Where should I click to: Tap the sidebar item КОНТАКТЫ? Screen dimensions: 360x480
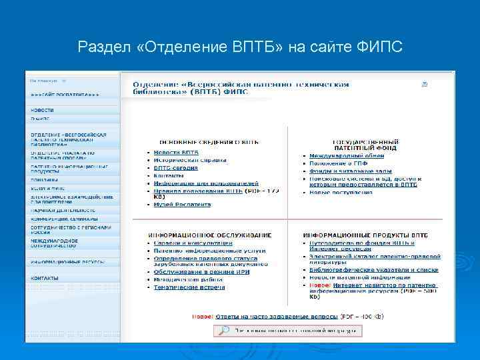[x=44, y=278]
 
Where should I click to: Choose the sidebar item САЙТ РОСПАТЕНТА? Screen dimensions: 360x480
[x=65, y=95]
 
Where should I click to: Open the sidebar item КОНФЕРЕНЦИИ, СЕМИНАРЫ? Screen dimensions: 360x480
[x=63, y=219]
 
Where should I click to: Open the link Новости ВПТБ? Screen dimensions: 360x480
[x=176, y=153]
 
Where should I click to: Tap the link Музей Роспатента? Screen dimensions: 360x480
[x=182, y=205]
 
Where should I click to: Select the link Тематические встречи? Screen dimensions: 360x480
[x=189, y=287]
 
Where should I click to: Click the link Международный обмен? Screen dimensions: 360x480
[x=346, y=156]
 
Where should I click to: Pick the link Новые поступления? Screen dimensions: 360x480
[x=341, y=193]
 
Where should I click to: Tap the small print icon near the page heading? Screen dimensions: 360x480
[x=425, y=85]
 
